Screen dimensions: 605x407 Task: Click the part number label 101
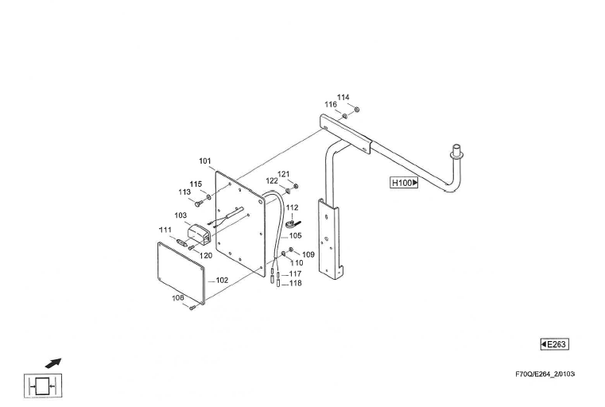tap(205, 161)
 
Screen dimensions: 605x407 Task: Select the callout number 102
tap(222, 280)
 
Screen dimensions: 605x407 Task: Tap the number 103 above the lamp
tap(180, 215)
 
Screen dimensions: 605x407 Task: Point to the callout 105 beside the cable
tap(296, 236)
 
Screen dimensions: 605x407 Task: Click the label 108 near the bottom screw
tap(178, 297)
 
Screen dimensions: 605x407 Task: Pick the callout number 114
tap(343, 97)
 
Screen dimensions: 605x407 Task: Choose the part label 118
tap(295, 283)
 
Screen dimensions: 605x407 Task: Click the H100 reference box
tap(404, 183)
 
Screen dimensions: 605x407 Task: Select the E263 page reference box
tap(554, 344)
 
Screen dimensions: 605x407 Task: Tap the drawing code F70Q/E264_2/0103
tap(545, 374)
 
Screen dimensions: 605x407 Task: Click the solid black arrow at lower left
tap(53, 363)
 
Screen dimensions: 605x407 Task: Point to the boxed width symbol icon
tap(43, 386)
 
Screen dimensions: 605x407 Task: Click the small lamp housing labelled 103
tap(199, 234)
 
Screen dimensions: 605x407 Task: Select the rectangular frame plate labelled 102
tap(181, 273)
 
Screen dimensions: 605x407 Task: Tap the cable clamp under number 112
tap(293, 223)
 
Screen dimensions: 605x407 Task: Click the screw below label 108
tap(192, 308)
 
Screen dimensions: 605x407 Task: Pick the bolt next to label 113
tap(198, 203)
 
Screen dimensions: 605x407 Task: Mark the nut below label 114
tap(356, 110)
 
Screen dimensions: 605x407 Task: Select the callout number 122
tap(272, 181)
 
